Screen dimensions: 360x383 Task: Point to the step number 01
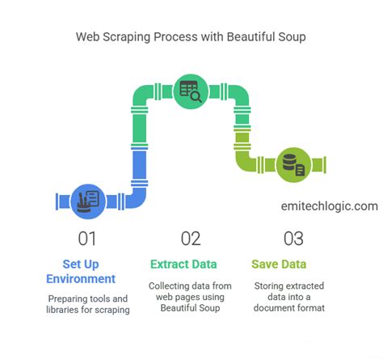(87, 239)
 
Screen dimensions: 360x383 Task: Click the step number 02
(191, 239)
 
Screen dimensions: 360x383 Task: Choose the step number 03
(294, 239)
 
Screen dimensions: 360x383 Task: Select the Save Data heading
(279, 265)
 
